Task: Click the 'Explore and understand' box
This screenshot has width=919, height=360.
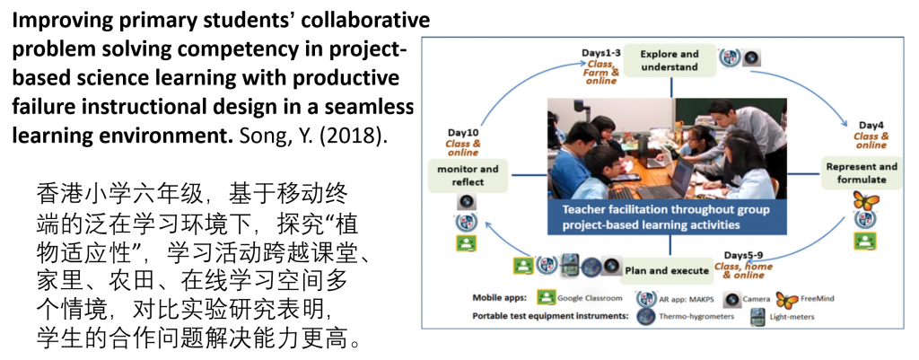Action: point(669,60)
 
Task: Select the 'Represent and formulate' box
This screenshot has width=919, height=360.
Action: point(861,172)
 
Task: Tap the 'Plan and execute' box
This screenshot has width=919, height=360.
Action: point(667,270)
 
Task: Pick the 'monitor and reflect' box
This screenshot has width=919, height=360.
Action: point(467,175)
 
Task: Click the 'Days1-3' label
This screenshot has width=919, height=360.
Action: point(600,53)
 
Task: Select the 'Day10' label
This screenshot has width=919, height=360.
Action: point(463,133)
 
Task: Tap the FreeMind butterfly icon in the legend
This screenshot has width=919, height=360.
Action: point(787,299)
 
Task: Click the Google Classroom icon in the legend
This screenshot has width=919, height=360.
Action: point(547,298)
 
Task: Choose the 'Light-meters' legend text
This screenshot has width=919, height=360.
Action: point(792,317)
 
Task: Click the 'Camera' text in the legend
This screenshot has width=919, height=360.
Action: point(756,298)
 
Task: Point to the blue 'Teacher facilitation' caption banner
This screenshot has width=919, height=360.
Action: point(667,217)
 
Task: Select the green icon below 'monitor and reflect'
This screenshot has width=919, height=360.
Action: point(466,242)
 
